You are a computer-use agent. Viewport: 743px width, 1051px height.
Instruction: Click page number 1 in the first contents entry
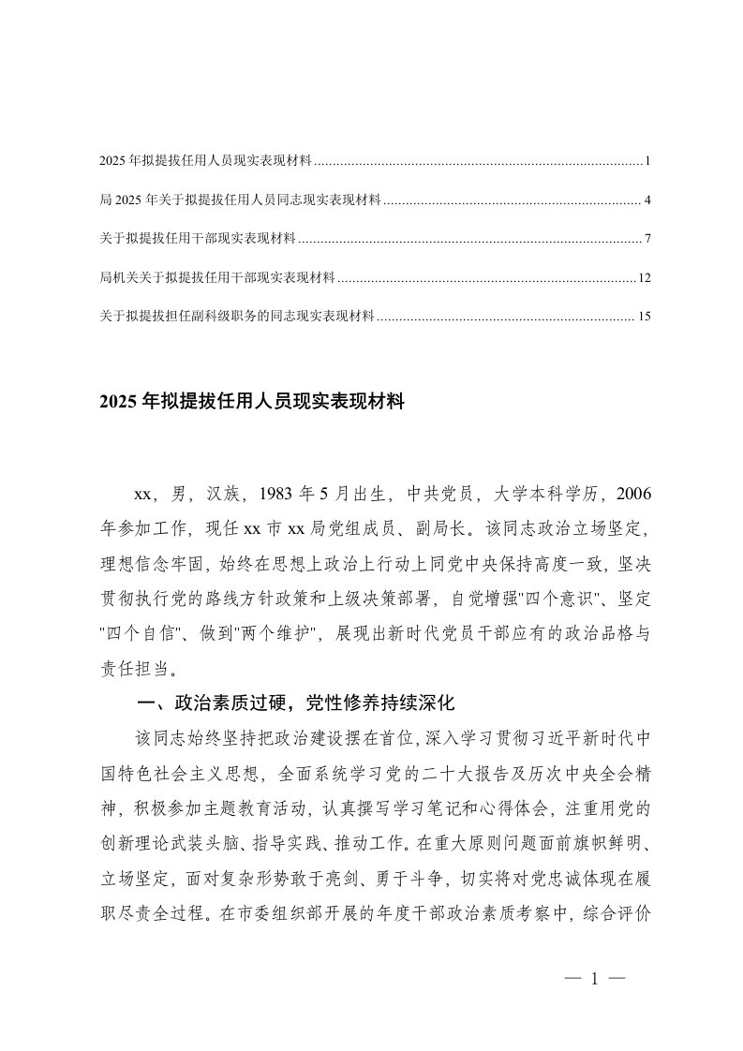[x=647, y=162]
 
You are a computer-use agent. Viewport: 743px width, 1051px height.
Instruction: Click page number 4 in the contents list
[x=647, y=200]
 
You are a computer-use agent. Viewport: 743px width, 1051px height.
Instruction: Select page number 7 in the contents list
[x=647, y=240]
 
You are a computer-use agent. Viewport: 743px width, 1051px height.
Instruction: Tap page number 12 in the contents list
[x=644, y=278]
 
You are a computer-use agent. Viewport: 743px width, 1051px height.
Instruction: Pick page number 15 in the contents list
[x=644, y=318]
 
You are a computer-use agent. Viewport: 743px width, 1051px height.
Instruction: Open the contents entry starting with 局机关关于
[x=216, y=278]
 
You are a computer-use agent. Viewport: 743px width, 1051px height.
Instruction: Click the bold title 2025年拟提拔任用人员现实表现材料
[x=250, y=403]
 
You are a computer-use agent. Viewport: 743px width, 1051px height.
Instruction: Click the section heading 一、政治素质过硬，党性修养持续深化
[x=296, y=701]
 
